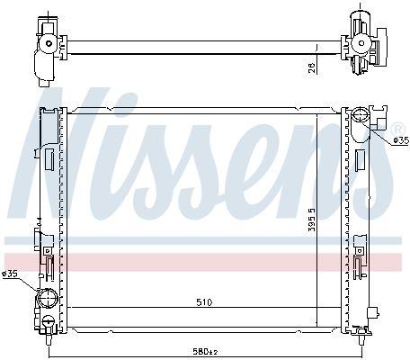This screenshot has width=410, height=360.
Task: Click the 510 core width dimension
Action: [x=204, y=302]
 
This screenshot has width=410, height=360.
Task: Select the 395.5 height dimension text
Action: [x=312, y=220]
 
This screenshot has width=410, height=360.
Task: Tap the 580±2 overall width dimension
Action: [x=205, y=351]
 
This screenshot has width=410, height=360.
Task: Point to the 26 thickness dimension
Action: [x=312, y=67]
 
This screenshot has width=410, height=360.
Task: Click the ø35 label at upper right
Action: [x=401, y=140]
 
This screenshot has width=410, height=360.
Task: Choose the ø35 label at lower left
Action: [x=10, y=274]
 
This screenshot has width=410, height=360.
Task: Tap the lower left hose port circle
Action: [x=47, y=298]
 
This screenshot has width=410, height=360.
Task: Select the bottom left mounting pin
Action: [x=48, y=340]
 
